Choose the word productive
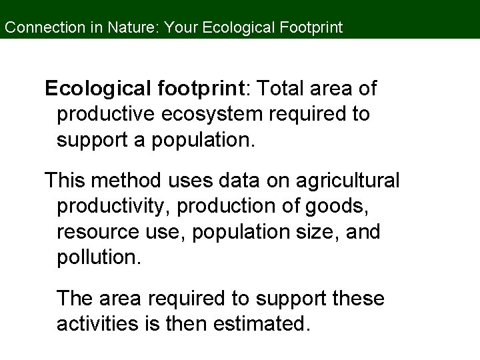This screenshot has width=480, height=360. [x=107, y=115]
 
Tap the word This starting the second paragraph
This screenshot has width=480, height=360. [x=65, y=180]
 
